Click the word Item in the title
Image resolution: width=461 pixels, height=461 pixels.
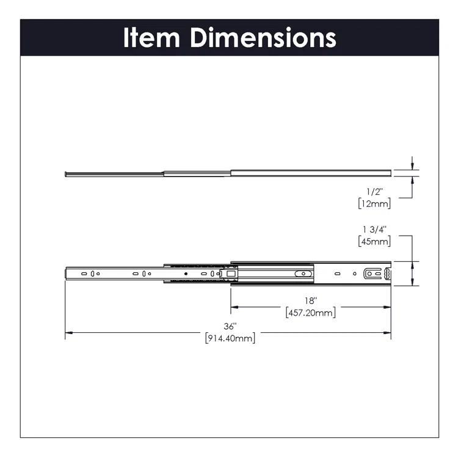click(x=153, y=38)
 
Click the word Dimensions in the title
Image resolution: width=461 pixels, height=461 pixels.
click(x=263, y=38)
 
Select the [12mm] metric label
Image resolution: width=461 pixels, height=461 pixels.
click(x=374, y=203)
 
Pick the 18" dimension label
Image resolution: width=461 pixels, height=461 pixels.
click(x=311, y=300)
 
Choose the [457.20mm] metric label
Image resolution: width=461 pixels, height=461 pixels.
click(x=311, y=313)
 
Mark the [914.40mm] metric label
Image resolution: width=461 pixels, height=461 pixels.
click(x=230, y=338)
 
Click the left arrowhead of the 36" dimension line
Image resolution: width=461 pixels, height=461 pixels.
click(x=68, y=332)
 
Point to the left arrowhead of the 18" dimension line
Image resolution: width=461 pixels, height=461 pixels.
click(x=234, y=307)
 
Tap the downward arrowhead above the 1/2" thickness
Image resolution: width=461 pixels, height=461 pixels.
click(x=414, y=167)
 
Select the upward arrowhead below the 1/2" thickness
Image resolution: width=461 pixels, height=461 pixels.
click(x=414, y=179)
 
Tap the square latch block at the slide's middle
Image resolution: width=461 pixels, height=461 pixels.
click(x=230, y=275)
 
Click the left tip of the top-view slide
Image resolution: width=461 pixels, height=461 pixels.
click(x=67, y=173)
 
